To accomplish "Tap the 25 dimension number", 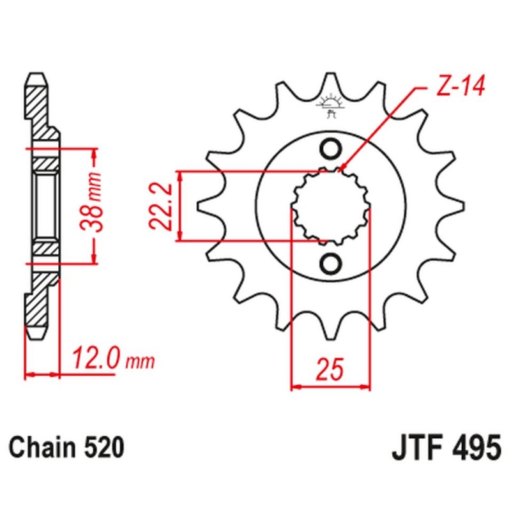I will [x=331, y=369].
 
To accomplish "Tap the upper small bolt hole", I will [x=331, y=149].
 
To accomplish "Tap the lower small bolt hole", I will [x=331, y=263].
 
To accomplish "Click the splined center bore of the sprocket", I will [x=331, y=206].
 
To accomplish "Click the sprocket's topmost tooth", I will [x=331, y=86].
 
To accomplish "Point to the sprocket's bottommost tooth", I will [x=331, y=326].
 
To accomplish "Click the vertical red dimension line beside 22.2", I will [x=181, y=206].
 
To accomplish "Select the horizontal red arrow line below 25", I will [x=331, y=386].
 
